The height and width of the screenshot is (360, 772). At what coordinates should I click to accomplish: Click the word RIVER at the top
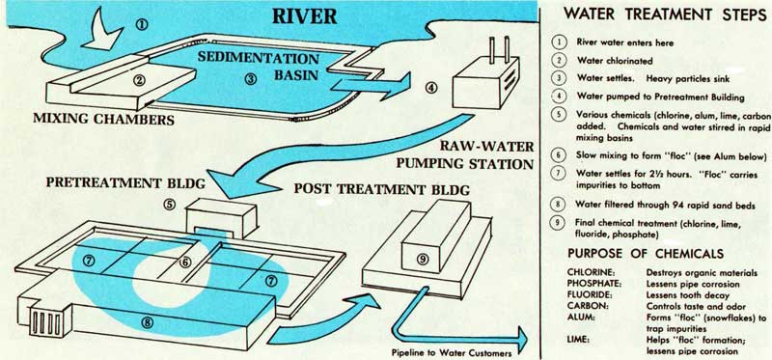tap(305, 15)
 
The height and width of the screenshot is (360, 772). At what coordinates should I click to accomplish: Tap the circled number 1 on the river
tap(141, 23)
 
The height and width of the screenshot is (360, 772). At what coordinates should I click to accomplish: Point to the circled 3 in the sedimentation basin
tap(251, 79)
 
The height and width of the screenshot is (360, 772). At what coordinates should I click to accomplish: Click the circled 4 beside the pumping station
tap(431, 88)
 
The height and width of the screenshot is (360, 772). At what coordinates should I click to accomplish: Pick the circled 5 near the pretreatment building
tap(170, 204)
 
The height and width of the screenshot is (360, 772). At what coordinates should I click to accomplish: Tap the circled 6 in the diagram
tap(184, 263)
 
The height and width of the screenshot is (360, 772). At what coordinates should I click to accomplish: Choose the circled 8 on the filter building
tap(147, 322)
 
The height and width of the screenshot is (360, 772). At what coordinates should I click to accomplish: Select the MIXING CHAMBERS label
tap(103, 119)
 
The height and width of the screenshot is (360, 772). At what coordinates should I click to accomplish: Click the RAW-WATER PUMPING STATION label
tap(465, 154)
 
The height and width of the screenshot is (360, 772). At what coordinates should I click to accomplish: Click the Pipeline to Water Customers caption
tap(452, 352)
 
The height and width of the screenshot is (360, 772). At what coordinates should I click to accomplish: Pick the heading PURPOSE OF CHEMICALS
tap(646, 254)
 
